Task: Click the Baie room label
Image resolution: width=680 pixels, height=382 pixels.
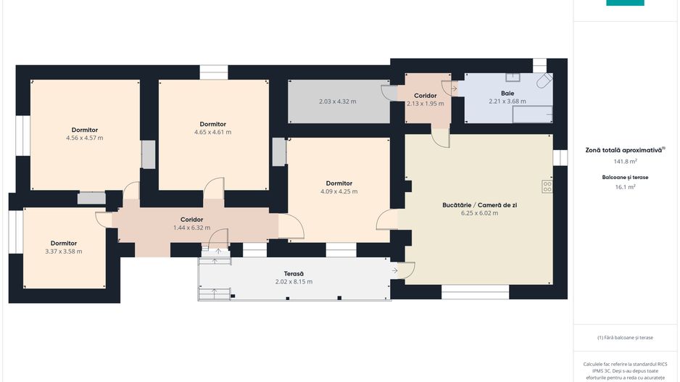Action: pyautogui.click(x=507, y=94)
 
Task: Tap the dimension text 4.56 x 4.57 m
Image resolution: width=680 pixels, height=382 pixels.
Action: pyautogui.click(x=85, y=138)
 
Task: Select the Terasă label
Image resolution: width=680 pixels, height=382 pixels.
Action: pyautogui.click(x=294, y=273)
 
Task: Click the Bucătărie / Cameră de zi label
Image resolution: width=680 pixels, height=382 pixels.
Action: pyautogui.click(x=479, y=205)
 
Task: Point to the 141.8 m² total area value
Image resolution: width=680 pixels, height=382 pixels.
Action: pyautogui.click(x=625, y=162)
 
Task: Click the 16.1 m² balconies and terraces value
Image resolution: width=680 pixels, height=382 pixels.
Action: pyautogui.click(x=625, y=187)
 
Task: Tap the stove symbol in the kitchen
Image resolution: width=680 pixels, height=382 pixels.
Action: pyautogui.click(x=547, y=186)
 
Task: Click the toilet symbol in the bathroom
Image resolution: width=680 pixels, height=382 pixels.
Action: pyautogui.click(x=544, y=80)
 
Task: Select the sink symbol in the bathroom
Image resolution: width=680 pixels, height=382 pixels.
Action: pyautogui.click(x=513, y=77)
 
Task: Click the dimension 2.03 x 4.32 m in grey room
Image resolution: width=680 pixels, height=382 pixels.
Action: pyautogui.click(x=337, y=101)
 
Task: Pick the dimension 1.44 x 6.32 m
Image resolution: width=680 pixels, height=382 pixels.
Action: pyautogui.click(x=191, y=228)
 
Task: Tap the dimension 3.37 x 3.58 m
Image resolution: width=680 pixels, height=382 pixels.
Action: pyautogui.click(x=63, y=251)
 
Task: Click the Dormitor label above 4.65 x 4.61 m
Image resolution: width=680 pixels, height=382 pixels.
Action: pyautogui.click(x=212, y=124)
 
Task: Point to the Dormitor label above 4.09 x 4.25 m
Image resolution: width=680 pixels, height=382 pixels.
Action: pyautogui.click(x=339, y=183)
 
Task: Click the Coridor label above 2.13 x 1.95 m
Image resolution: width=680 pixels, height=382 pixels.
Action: pyautogui.click(x=425, y=96)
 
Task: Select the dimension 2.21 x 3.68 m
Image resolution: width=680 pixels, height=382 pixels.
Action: pyautogui.click(x=507, y=101)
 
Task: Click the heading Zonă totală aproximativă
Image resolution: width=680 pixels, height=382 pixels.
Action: pyautogui.click(x=623, y=151)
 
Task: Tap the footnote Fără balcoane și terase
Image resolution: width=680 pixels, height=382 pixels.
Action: pyautogui.click(x=625, y=337)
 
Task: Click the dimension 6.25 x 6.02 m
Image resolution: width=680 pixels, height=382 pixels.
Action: pyautogui.click(x=479, y=213)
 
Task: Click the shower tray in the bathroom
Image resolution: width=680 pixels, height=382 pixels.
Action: pyautogui.click(x=533, y=114)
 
